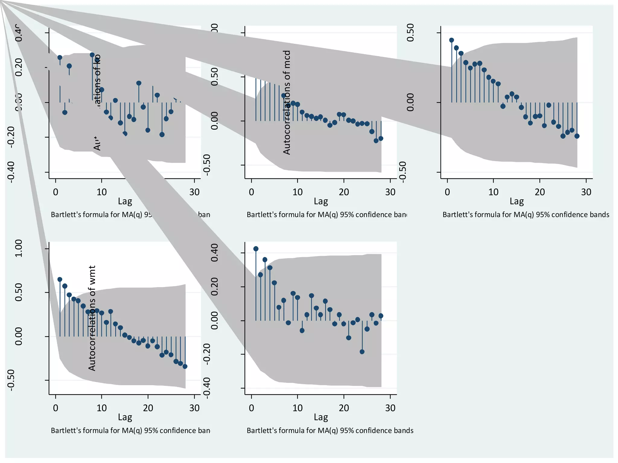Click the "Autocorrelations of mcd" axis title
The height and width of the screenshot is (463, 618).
pyautogui.click(x=287, y=102)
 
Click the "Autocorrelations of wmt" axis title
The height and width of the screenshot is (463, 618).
pyautogui.click(x=92, y=318)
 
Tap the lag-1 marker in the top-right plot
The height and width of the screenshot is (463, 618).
pyautogui.click(x=451, y=40)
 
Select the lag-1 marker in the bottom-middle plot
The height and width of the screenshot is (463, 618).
pyautogui.click(x=256, y=249)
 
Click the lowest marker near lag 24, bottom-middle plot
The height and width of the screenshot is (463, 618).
pyautogui.click(x=362, y=352)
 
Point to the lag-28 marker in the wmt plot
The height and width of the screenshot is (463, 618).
pyautogui.click(x=185, y=367)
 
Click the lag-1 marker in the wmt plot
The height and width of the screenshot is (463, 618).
pyautogui.click(x=60, y=279)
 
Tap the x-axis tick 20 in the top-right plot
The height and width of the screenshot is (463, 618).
pyautogui.click(x=540, y=192)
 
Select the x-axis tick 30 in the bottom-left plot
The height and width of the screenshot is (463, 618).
pyautogui.click(x=194, y=408)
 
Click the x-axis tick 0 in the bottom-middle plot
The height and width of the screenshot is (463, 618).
pyautogui.click(x=251, y=408)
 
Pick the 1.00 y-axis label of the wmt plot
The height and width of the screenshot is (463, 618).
pyautogui.click(x=19, y=248)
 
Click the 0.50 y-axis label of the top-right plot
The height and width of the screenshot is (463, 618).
pyautogui.click(x=410, y=33)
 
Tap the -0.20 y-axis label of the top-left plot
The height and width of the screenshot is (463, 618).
pyautogui.click(x=11, y=137)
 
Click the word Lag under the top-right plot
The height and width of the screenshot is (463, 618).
pyautogui.click(x=517, y=201)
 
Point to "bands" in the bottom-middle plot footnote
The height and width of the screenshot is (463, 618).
pyautogui.click(x=404, y=430)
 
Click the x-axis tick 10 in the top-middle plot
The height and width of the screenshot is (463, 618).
pyautogui.click(x=298, y=192)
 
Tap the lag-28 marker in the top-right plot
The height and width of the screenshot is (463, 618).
pyautogui.click(x=577, y=136)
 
